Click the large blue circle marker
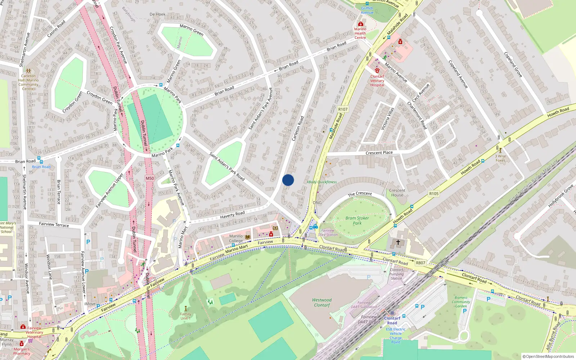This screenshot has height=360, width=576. point(288,180)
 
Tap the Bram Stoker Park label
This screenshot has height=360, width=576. point(357,220)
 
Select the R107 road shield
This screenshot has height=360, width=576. point(343,109)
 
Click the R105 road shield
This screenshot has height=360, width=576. point(434,194)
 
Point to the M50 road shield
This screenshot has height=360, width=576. point(150,178)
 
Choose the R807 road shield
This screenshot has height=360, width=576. point(420,263)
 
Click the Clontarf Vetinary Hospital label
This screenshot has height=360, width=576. point(377,81)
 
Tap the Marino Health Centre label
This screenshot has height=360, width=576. point(360,33)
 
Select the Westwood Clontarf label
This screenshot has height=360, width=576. point(322,302)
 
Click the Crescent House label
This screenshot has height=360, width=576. point(397,193)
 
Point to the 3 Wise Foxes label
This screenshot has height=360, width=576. point(500,158)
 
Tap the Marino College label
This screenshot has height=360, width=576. point(236,238)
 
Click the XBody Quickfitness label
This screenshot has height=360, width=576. point(322,182)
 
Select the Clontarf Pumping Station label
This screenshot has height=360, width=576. point(396,274)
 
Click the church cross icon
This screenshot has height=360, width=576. point(398,242)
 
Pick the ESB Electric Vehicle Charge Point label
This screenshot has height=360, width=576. point(396,336)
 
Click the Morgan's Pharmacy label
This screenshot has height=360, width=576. point(22,351)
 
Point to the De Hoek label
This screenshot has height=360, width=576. point(157,14)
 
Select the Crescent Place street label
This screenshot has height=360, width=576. point(379,153)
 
